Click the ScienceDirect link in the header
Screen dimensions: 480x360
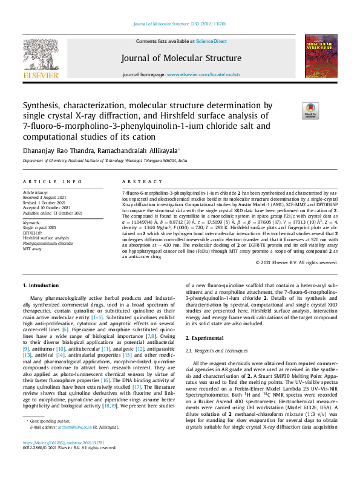pyautogui.click(x=211, y=41)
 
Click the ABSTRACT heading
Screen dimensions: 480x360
pyautogui.click(x=134, y=181)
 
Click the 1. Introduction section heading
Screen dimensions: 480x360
pyautogui.click(x=41, y=285)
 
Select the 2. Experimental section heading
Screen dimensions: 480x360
pyautogui.click(x=205, y=337)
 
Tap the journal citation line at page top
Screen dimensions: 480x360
pyautogui.click(x=180, y=25)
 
